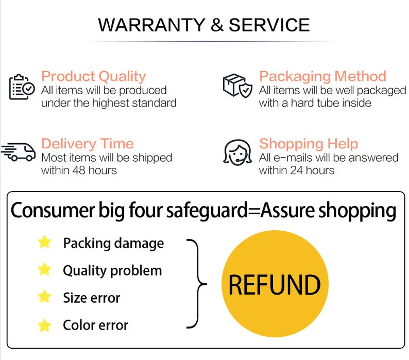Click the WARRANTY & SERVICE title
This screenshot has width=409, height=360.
[204, 25]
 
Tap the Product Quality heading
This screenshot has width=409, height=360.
[93, 76]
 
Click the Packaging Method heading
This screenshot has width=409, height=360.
[322, 76]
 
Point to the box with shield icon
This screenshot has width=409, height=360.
[237, 85]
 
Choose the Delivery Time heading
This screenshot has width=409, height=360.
[87, 144]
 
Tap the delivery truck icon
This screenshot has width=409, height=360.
[19, 151]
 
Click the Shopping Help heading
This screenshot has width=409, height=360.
[308, 144]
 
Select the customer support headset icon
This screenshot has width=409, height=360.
[237, 152]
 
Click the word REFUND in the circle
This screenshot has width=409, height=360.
[274, 285]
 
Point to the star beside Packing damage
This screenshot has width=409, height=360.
[45, 242]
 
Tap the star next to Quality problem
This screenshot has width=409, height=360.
[45, 269]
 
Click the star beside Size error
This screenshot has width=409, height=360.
[45, 297]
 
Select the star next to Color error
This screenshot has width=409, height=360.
[45, 324]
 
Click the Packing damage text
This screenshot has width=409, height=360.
[113, 243]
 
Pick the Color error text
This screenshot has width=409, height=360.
[95, 325]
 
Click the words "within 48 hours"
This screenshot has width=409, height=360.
[79, 170]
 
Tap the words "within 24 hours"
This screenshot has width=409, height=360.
[297, 170]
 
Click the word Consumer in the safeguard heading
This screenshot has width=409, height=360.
[54, 211]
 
